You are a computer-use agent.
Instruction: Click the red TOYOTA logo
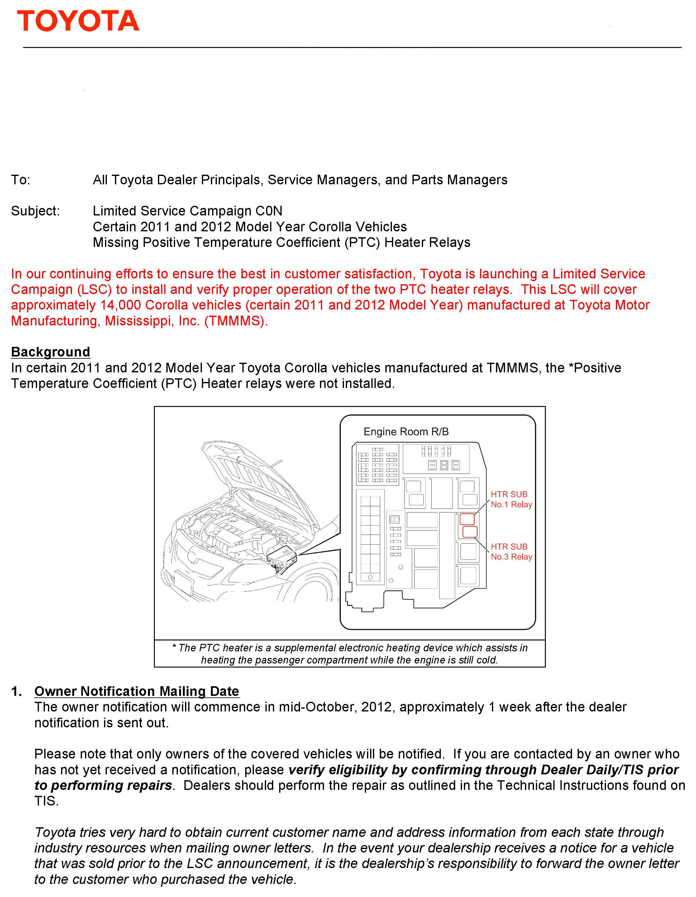click(x=78, y=21)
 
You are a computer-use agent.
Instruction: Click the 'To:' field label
click(x=20, y=180)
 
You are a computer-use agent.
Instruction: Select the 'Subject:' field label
click(x=35, y=211)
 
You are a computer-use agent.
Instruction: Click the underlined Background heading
click(x=50, y=352)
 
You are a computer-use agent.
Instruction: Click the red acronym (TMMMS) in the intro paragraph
click(x=236, y=321)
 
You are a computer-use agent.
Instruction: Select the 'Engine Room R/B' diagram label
click(x=406, y=432)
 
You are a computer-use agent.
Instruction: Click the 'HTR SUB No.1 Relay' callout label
click(x=511, y=499)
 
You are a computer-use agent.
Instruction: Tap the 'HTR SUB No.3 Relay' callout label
click(x=511, y=552)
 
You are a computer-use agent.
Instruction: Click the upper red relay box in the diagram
click(x=467, y=519)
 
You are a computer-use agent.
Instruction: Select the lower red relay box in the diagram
click(x=470, y=532)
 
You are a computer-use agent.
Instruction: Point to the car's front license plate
click(x=184, y=583)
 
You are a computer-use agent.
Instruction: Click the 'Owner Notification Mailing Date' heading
click(x=136, y=691)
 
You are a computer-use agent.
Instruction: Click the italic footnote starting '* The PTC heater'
click(x=350, y=654)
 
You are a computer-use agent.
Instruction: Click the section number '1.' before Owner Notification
click(x=17, y=691)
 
